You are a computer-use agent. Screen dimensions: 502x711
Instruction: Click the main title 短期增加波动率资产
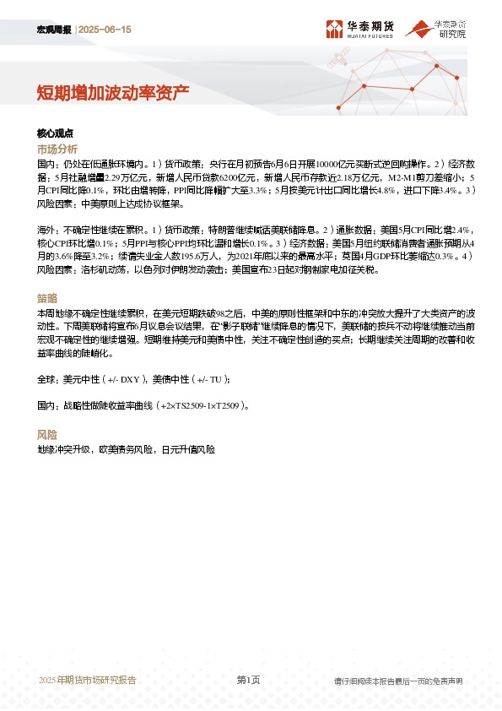pyautogui.click(x=112, y=91)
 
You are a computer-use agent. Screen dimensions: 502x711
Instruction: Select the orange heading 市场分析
pyautogui.click(x=57, y=149)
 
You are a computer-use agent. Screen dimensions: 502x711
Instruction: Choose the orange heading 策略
pyautogui.click(x=47, y=298)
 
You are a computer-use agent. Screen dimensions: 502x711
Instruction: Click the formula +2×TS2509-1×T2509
pyautogui.click(x=200, y=405)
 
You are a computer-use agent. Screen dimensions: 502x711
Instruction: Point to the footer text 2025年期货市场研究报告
pyautogui.click(x=88, y=680)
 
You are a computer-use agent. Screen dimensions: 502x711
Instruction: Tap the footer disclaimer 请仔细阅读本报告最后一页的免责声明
pyautogui.click(x=398, y=681)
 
